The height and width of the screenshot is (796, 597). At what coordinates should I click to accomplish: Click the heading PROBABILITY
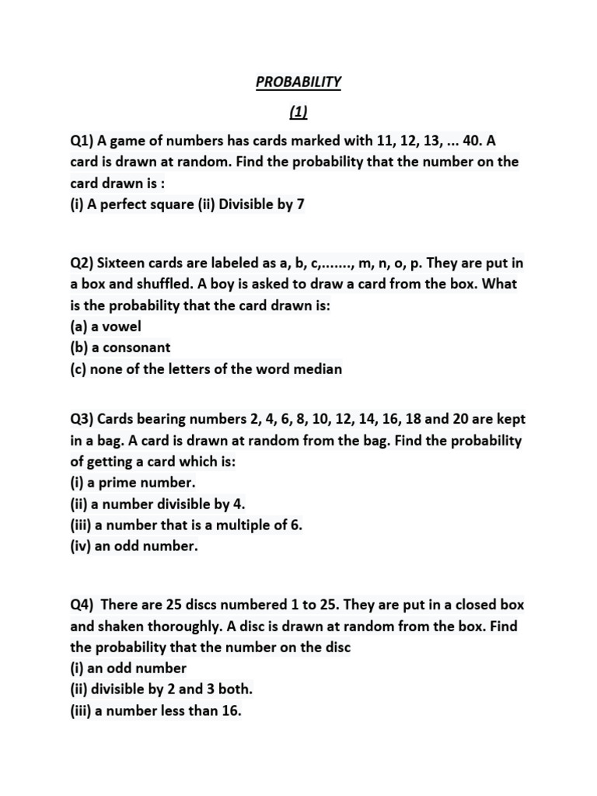[x=298, y=82]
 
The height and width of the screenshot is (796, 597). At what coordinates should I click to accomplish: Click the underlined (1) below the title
[x=298, y=112]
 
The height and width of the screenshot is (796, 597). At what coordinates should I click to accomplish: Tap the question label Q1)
[x=82, y=141]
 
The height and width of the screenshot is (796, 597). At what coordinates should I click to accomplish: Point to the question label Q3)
[x=82, y=419]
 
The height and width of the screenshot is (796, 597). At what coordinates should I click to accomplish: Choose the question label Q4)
[x=82, y=605]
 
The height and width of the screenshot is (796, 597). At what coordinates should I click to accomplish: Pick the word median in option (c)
[x=317, y=368]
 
